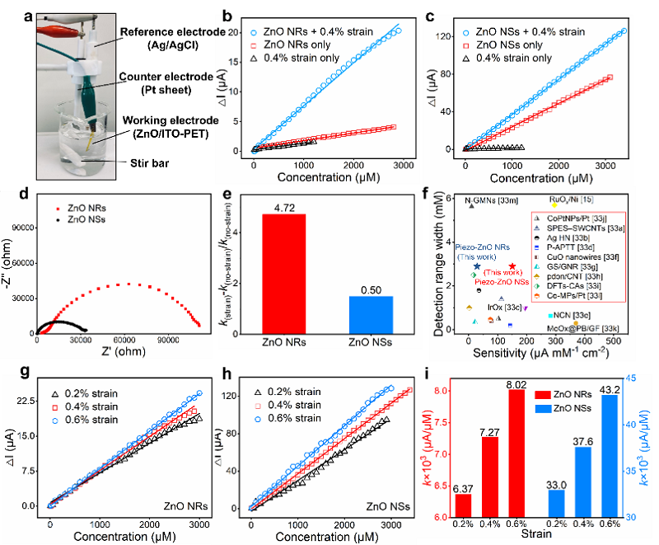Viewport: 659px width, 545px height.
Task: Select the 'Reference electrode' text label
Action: pos(156,31)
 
